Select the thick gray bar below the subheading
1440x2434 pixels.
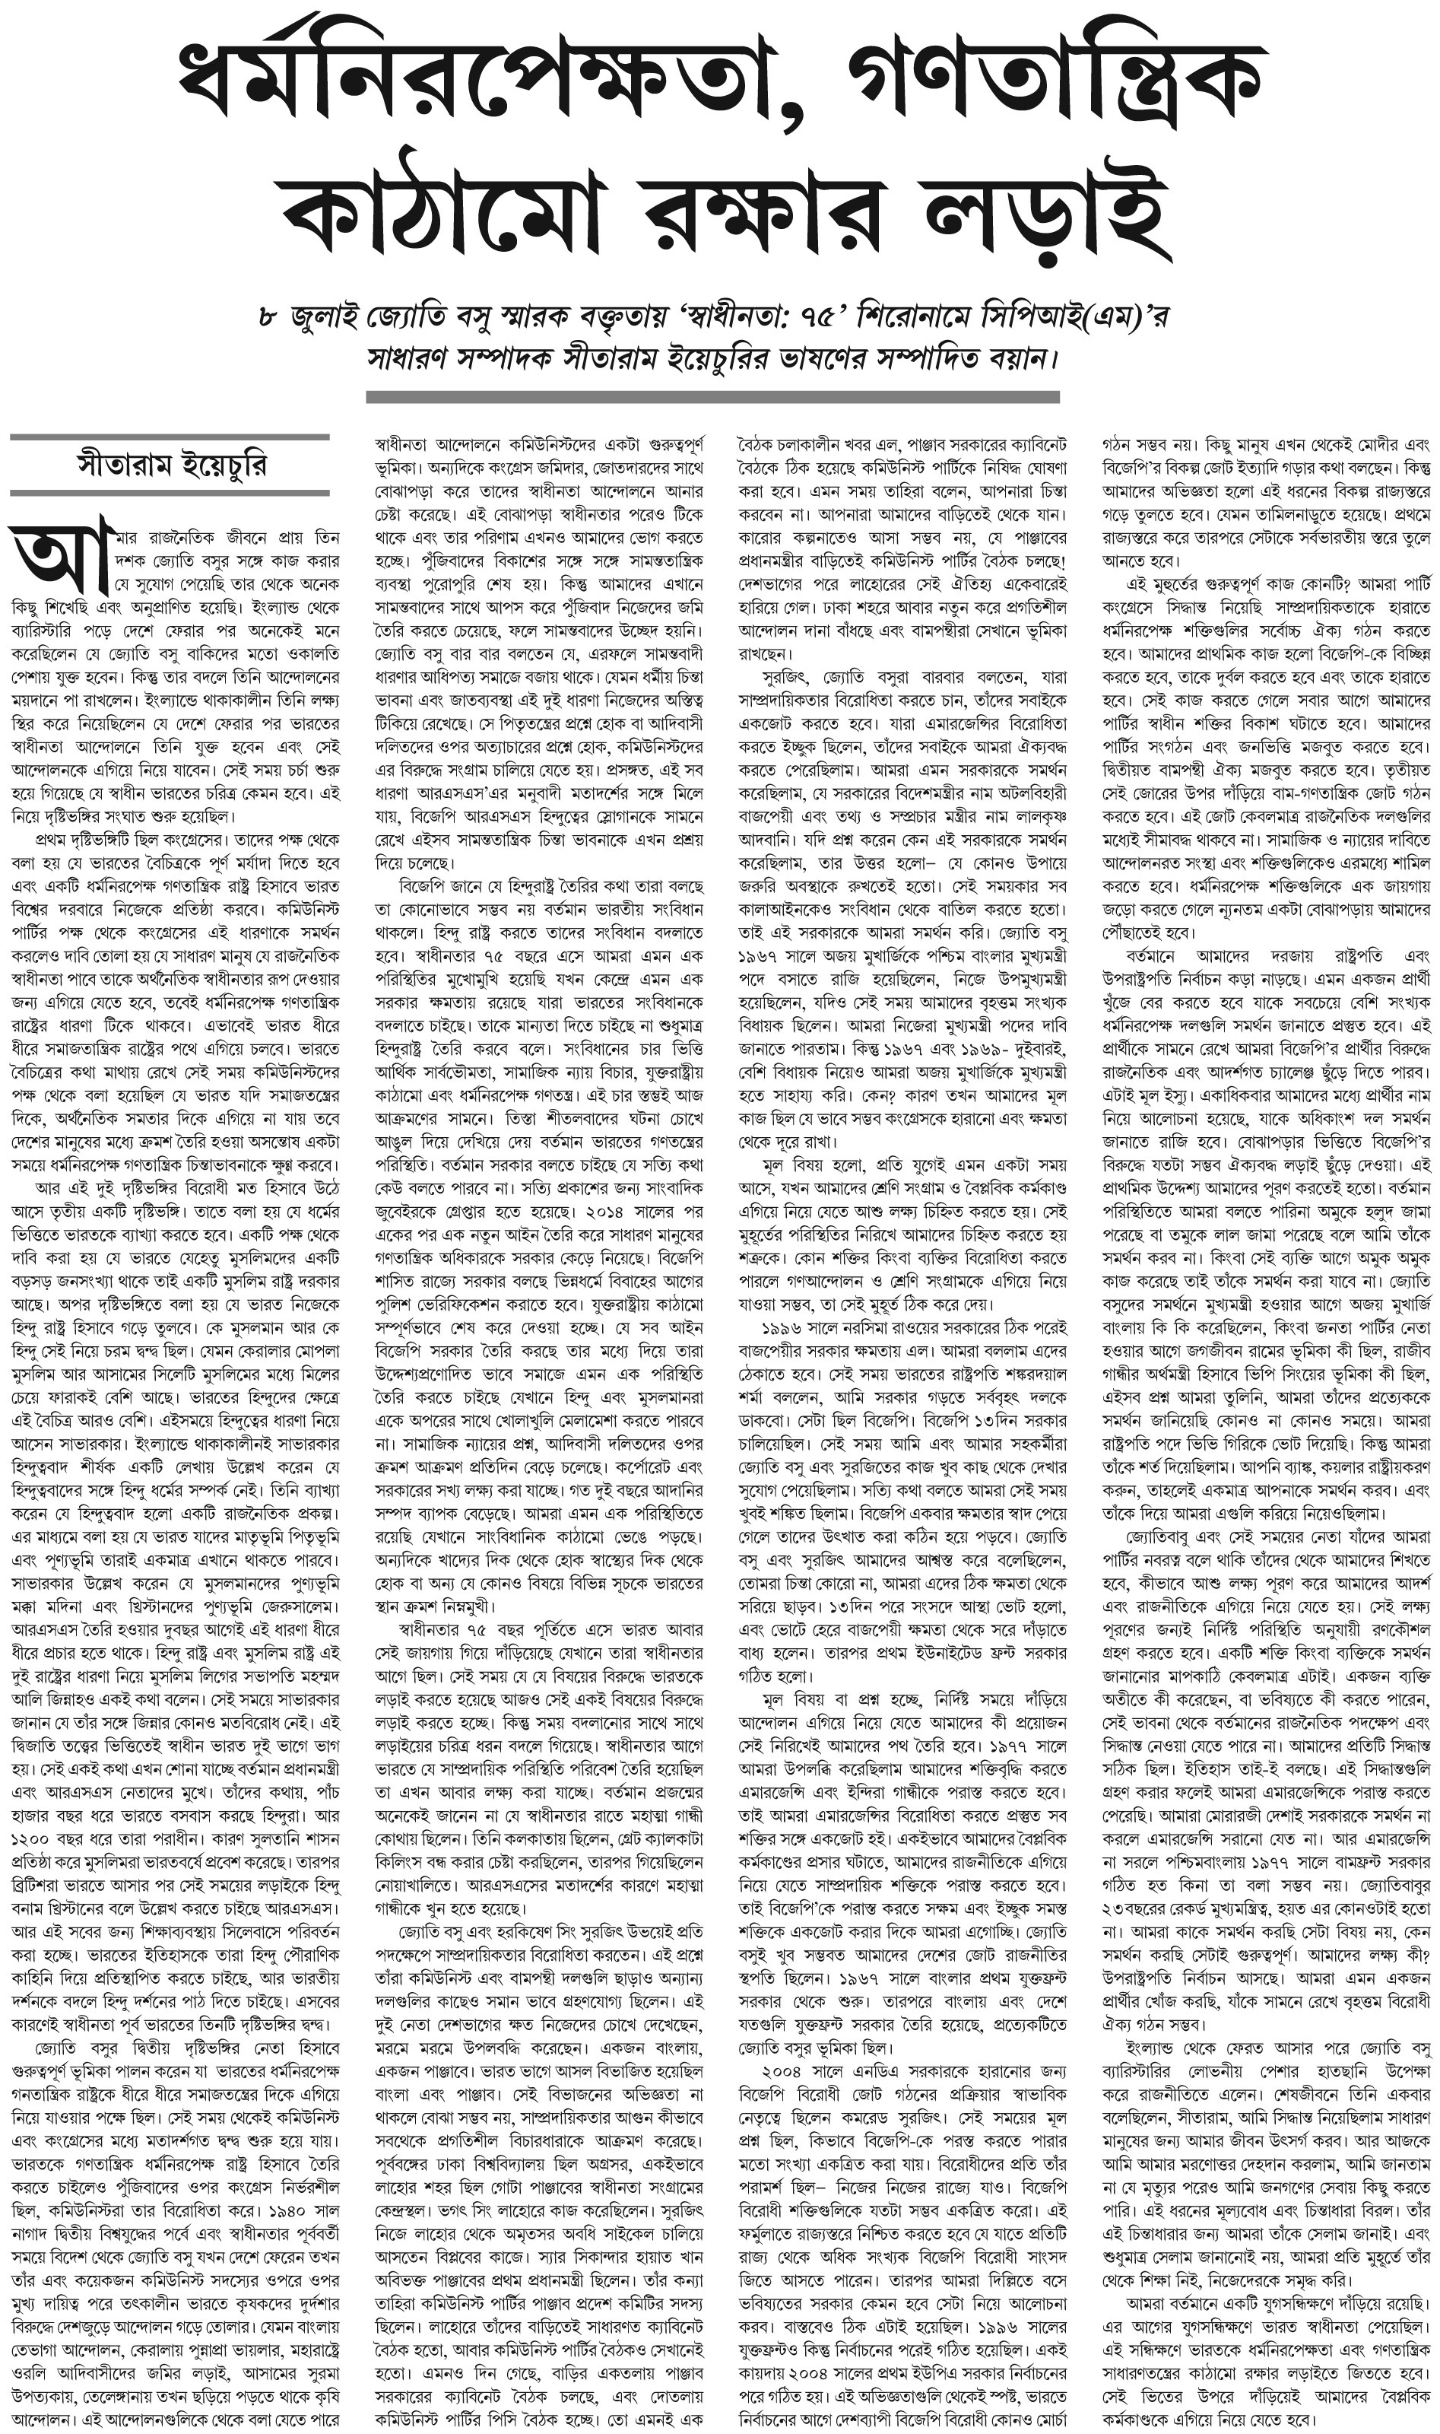(x=712, y=397)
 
